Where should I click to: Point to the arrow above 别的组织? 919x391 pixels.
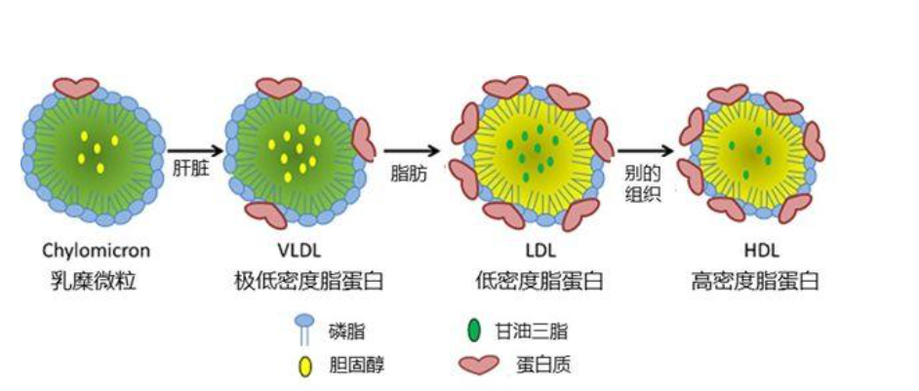pyautogui.click(x=644, y=149)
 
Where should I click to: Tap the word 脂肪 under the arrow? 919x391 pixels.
pyautogui.click(x=408, y=172)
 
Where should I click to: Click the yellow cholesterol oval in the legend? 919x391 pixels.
pyautogui.click(x=304, y=368)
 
